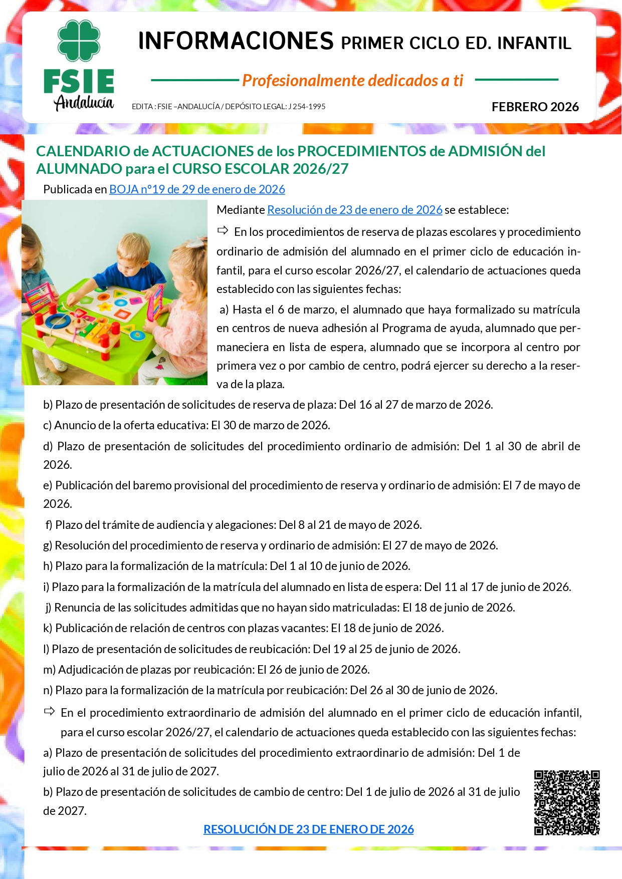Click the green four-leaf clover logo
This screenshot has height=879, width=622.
[x=79, y=41]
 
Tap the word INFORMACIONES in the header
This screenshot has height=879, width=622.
[x=236, y=42]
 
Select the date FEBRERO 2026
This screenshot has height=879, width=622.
[x=535, y=107]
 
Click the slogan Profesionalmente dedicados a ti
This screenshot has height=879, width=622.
[x=352, y=80]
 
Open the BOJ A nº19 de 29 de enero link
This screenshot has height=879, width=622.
[x=197, y=189]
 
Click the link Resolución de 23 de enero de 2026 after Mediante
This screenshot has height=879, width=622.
[x=354, y=210]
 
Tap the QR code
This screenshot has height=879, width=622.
[x=566, y=802]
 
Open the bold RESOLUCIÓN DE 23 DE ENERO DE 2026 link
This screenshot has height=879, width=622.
[x=308, y=829]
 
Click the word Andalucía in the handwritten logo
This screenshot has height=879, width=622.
[x=84, y=102]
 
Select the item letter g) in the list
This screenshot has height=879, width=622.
[x=48, y=545]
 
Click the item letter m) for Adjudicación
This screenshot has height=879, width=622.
[x=49, y=670]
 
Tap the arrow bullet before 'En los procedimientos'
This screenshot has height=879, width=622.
[x=223, y=231]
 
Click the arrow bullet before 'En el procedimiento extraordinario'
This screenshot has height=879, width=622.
[x=49, y=711]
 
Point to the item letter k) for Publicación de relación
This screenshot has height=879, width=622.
[x=48, y=628]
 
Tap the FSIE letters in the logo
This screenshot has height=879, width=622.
[x=79, y=82]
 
